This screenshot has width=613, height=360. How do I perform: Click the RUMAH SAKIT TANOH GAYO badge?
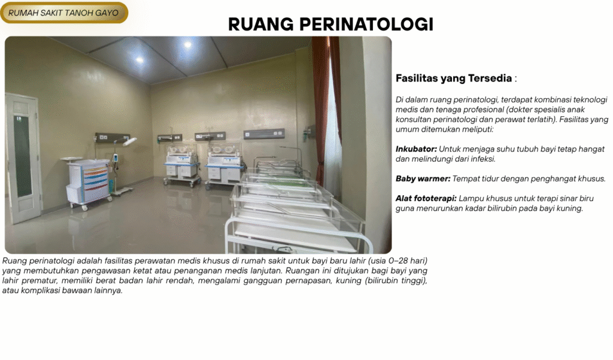coord(64,13)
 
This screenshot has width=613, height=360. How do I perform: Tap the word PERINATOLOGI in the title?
coord(366,25)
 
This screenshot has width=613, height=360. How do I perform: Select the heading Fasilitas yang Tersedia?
coord(454,78)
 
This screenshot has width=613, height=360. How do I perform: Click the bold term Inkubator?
coord(416,149)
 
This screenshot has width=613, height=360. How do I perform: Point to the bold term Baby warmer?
coord(423,179)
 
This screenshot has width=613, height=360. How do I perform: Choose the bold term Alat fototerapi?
coord(426,198)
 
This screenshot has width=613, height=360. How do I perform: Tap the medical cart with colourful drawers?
coord(88,182)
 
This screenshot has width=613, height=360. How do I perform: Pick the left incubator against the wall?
coord(181,164)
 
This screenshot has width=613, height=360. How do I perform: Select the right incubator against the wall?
coord(224,164)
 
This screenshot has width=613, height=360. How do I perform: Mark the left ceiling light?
coord(139,60)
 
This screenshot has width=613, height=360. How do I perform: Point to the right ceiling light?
coord(187,44)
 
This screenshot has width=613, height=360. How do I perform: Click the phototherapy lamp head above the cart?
coord(129,141)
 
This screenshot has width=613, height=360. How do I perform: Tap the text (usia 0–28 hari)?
coord(397,261)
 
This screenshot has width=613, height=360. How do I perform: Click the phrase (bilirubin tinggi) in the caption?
coord(396,280)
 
